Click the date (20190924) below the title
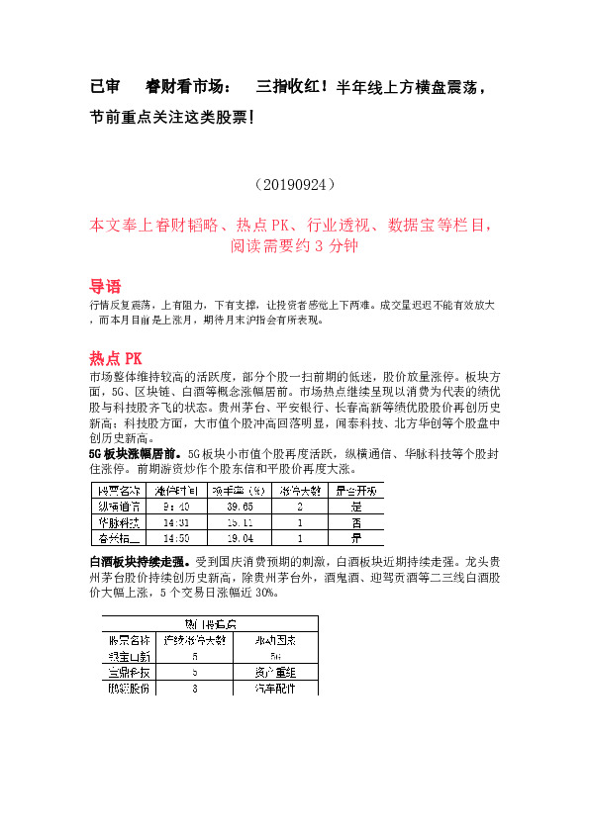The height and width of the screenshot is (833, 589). point(294,184)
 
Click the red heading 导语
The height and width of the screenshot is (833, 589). point(105,286)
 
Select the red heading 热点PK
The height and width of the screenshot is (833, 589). point(116,357)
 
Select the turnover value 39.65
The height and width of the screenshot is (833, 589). point(241,506)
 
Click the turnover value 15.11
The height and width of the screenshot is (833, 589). point(241,522)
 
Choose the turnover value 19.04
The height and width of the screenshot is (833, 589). point(241,539)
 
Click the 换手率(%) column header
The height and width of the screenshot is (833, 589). point(241,490)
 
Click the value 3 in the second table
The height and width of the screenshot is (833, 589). point(194,688)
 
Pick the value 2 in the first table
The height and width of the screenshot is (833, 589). point(299,506)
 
